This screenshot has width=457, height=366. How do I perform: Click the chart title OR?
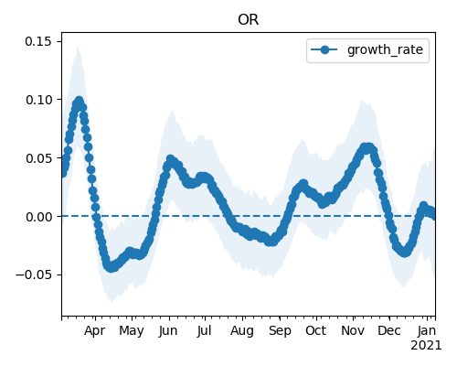pos(249,20)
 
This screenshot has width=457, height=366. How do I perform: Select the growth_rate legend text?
pos(385,49)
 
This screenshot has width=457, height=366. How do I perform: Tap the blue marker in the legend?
pos(324,49)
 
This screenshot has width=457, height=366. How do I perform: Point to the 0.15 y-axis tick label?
pos(38,41)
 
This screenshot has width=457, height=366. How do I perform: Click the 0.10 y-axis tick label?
pos(38,100)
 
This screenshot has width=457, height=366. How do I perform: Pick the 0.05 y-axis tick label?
pos(38,158)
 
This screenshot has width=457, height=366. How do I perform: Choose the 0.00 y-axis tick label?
pos(38,217)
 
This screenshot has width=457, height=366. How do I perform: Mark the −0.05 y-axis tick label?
pos(34,274)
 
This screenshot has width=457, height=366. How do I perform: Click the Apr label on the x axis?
pos(94,331)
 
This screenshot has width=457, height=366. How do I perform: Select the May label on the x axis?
pos(132,331)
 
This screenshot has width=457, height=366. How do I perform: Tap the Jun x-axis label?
pos(168,331)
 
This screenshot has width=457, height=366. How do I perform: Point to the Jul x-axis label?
pos(204,331)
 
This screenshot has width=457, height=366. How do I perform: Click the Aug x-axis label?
pos(242,331)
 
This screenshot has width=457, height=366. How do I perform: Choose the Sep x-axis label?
pos(280,331)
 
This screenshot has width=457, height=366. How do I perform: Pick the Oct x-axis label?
pos(316,331)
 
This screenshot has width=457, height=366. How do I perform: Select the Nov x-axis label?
pos(353,331)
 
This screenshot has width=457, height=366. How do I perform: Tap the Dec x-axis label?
pos(389,331)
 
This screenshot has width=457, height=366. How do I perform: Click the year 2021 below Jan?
pos(426,346)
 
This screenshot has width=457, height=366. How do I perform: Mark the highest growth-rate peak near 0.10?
pos(80,101)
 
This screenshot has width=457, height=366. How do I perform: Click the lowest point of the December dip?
pos(404,253)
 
